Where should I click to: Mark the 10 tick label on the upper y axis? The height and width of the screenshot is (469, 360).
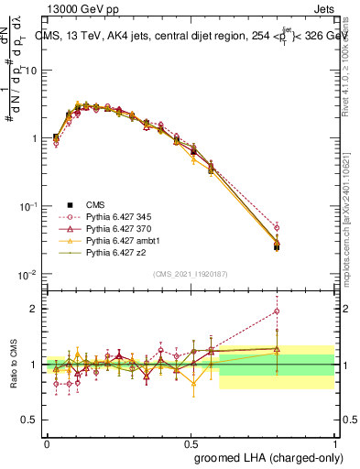[31, 71]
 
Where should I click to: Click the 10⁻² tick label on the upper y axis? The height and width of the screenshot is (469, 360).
[27, 274]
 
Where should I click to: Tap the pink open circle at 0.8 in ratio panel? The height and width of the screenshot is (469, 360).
[277, 311]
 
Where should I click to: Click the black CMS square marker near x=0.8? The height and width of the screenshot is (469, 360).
[277, 246]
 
